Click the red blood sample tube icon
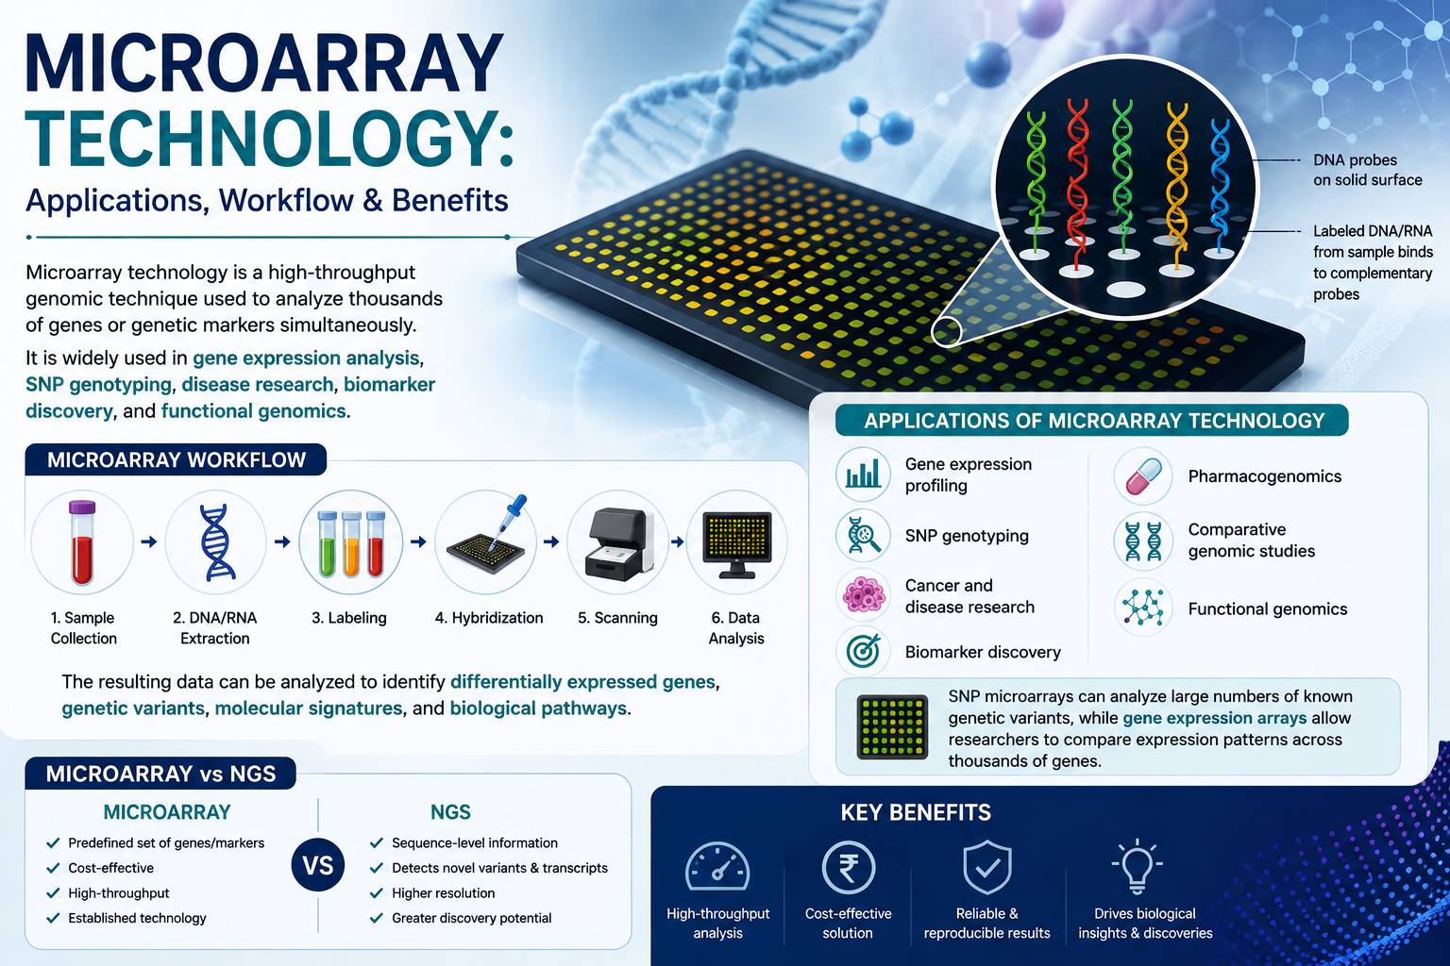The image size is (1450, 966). (x=82, y=542)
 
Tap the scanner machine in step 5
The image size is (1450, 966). (x=619, y=543)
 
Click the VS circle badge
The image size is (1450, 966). (x=318, y=865)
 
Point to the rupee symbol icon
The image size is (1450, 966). (x=848, y=867)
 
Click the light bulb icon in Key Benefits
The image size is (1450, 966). (x=1137, y=866)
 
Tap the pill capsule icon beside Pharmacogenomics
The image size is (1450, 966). (x=1144, y=476)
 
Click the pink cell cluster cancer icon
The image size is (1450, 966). (x=864, y=594)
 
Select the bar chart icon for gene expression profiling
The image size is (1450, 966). (x=864, y=473)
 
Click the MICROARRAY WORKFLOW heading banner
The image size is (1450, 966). (x=176, y=459)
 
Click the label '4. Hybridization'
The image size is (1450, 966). (x=489, y=618)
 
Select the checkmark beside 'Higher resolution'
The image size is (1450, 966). (x=376, y=892)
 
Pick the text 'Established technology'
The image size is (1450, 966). (x=137, y=918)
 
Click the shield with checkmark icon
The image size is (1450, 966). (x=986, y=866)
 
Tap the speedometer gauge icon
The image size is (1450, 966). (x=717, y=866)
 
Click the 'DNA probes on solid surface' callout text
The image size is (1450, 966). (x=1367, y=170)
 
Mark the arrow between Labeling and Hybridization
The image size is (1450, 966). (x=418, y=541)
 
